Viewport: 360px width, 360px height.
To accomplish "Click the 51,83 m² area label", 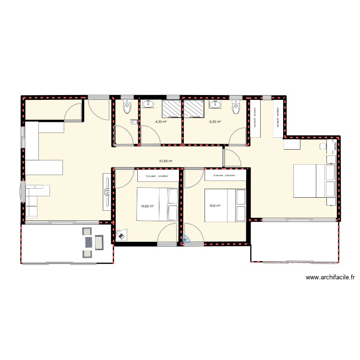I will (166, 161).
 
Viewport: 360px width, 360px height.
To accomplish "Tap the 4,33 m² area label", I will (161, 122).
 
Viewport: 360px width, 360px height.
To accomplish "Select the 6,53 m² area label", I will (215, 122).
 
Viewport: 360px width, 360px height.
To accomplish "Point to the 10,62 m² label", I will (147, 206).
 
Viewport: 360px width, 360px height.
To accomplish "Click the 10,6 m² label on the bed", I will (214, 206).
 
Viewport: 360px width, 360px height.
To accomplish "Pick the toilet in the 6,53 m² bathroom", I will (235, 108).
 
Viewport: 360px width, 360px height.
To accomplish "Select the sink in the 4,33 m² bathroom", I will (149, 103).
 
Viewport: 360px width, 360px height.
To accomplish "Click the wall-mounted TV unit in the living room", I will (107, 192).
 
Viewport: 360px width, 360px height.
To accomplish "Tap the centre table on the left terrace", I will (88, 242).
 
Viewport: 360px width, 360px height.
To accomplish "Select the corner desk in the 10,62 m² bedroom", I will (120, 235).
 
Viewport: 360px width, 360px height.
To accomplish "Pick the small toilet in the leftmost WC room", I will (127, 108).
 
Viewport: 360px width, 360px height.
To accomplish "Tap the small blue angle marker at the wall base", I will (187, 241).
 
